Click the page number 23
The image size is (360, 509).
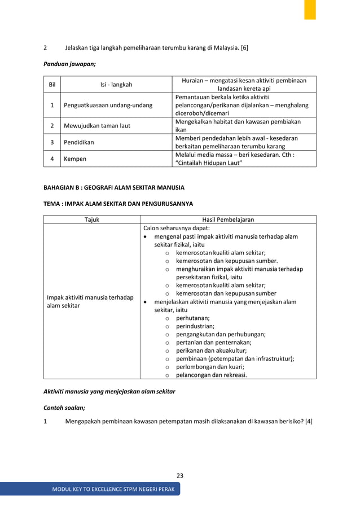pos(180,476)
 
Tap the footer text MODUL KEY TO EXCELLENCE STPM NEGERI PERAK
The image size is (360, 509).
pos(113,489)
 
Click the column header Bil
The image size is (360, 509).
pos(52,85)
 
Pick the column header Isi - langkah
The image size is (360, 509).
pos(116,85)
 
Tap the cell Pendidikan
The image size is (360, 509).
pos(80,142)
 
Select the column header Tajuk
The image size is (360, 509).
pos(92,220)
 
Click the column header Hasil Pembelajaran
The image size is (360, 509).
pos(228,220)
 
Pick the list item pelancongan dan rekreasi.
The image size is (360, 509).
pos(211,374)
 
